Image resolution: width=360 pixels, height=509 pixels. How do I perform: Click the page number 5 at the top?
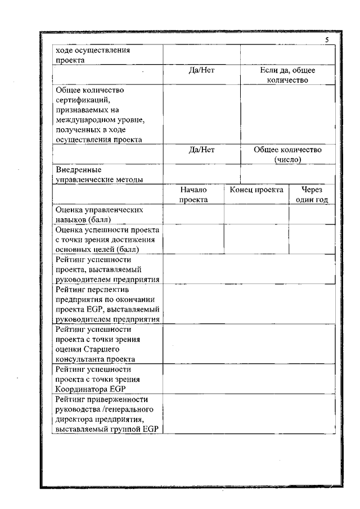pos(327,40)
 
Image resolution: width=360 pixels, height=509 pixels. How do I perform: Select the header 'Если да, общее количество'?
pos(287,75)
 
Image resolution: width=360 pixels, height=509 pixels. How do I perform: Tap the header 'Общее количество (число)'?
pos(287,155)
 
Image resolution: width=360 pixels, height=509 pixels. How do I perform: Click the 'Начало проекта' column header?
pos(193,195)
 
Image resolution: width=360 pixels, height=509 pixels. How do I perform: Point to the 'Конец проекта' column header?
pos(256,190)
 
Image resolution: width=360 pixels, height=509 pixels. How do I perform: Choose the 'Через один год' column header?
pos(312,195)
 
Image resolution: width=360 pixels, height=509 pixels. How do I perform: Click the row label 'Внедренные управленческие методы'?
pos(98,174)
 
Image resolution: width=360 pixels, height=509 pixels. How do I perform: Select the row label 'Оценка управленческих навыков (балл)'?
pos(99,214)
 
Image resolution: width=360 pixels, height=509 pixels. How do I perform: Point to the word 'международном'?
pos(84,120)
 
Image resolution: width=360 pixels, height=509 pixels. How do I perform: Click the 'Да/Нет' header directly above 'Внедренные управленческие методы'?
pos(201,150)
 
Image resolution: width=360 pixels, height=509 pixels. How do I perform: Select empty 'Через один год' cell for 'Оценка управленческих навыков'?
pos(312,214)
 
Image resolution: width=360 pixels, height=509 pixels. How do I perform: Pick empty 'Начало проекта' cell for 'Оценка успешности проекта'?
pos(193,239)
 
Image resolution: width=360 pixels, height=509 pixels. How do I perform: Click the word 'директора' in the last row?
pos(73,420)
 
